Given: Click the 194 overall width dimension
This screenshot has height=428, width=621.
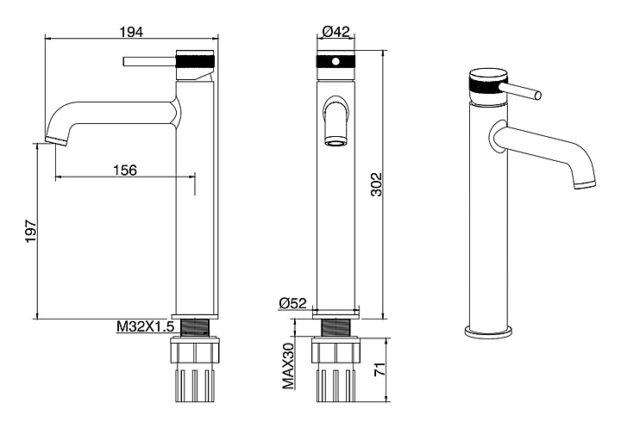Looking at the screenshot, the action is [132, 32].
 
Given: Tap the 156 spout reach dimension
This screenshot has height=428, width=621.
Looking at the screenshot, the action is [125, 171].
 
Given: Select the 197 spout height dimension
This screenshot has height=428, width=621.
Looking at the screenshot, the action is [31, 231].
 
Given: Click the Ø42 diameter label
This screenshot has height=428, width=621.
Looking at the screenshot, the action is [336, 31].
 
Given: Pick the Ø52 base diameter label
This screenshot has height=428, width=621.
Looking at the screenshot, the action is [293, 303].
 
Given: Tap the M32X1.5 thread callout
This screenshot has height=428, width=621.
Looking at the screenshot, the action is [146, 326].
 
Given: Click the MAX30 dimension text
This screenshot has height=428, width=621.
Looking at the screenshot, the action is [288, 365].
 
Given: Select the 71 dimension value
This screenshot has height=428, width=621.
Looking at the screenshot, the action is [379, 369].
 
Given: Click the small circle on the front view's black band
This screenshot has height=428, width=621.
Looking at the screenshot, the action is [336, 62].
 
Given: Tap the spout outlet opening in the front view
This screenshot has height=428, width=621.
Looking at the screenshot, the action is [336, 142].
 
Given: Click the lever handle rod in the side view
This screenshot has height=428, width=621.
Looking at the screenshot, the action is [150, 62].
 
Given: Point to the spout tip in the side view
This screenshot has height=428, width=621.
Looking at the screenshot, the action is [56, 140].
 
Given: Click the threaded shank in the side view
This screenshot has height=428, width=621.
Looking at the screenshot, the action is [194, 327].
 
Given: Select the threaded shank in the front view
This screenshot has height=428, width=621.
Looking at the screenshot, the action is [336, 327].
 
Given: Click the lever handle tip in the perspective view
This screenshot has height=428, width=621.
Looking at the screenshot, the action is [538, 96].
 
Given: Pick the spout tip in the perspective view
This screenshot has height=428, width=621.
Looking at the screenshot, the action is [585, 184].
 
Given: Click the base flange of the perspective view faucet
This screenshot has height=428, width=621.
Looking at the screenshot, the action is [488, 332].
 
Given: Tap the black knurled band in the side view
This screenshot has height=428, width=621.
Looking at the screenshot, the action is [196, 62].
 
